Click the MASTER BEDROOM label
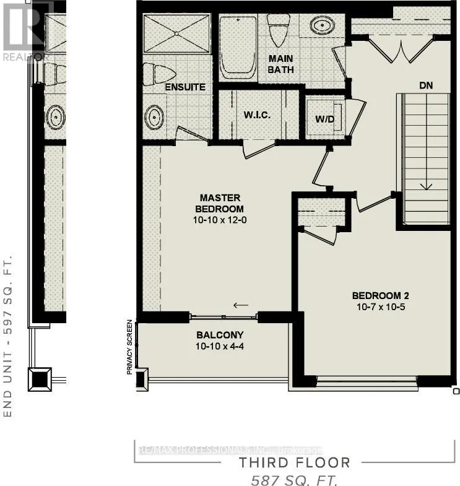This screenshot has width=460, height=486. click(x=216, y=204)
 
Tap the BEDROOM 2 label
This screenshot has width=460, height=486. click(x=381, y=295)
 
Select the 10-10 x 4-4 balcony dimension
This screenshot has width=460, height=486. click(x=210, y=347)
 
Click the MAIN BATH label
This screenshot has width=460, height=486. click(x=280, y=64)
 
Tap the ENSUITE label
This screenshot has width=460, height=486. click(x=184, y=87)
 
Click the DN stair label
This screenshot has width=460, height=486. click(x=426, y=86)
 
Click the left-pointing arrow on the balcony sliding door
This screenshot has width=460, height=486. click(x=241, y=305)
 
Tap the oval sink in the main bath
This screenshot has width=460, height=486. click(x=321, y=27)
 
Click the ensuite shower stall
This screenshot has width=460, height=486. click(x=176, y=32)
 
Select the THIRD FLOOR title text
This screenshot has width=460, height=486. click(x=295, y=462)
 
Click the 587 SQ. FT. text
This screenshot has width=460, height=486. click(x=295, y=479)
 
